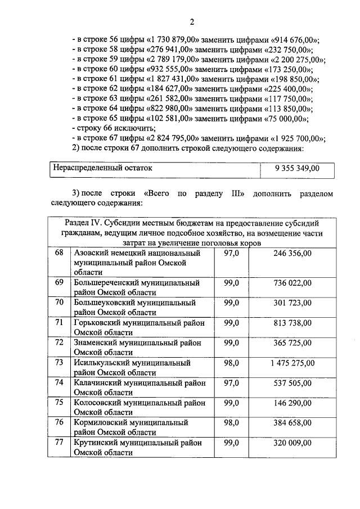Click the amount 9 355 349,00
coord(297,168)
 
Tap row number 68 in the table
coord(58,254)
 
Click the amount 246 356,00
coord(292,254)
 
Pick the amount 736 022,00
coord(292,283)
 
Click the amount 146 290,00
coord(292,403)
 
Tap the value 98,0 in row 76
coord(232,423)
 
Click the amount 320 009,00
coord(292,443)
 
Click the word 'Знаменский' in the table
coord(96,343)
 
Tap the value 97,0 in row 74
coord(232,383)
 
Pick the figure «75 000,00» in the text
coord(285,119)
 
